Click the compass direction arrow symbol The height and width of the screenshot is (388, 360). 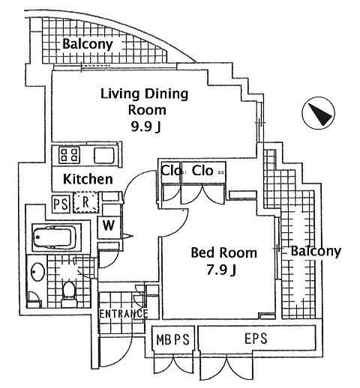pos(317,115)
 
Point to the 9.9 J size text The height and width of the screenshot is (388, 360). pos(144,127)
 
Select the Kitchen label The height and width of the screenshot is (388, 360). pos(88,180)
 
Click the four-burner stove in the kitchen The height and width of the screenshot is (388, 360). pos(70,156)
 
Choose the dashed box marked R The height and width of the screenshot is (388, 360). pos(86,201)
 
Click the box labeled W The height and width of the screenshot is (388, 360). pos(109,225)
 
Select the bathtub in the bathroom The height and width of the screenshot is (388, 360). pos(54,238)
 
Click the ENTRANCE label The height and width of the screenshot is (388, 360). pos(123,313)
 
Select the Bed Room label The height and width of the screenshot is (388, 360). pos(223,252)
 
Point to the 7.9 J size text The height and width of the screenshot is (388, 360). pos(223,270)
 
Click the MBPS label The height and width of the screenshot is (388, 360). pos(174,339)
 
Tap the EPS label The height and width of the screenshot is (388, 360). pos(256,339)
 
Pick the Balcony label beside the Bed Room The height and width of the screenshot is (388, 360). pos(315,252)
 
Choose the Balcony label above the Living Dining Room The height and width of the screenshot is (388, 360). pos(88,44)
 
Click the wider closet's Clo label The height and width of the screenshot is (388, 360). pos(203,171)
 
